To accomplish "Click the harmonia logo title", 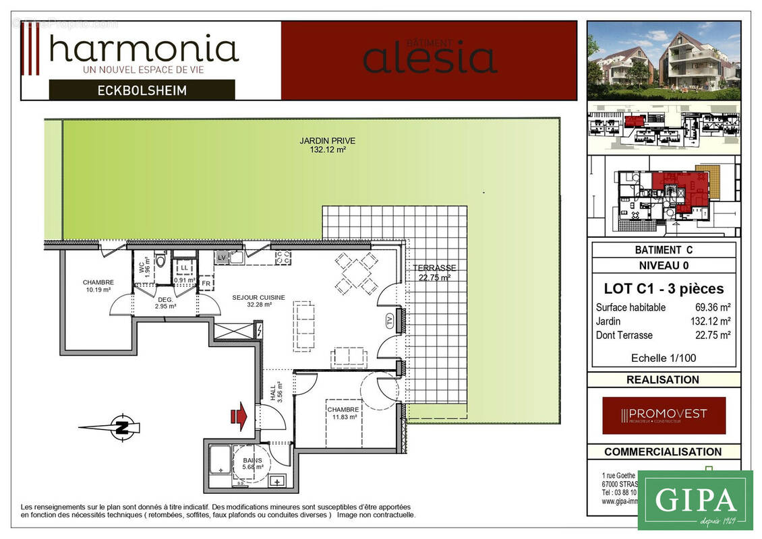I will click(144, 49).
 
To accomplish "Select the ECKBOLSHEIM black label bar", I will click(142, 90).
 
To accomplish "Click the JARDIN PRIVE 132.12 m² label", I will click(328, 146).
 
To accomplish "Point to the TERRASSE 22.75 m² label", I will click(435, 272).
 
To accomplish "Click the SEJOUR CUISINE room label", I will click(258, 300).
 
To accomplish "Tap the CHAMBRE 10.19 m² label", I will click(98, 286).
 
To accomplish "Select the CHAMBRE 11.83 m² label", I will click(343, 413).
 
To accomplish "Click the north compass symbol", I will click(120, 426).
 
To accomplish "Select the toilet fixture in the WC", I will click(160, 261).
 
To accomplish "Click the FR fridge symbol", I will click(206, 284).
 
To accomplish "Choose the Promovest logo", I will click(664, 415).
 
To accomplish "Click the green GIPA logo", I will click(695, 500).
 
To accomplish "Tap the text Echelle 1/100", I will click(664, 358).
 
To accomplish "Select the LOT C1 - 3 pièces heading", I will click(664, 289).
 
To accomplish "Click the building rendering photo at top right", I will click(664, 61).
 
